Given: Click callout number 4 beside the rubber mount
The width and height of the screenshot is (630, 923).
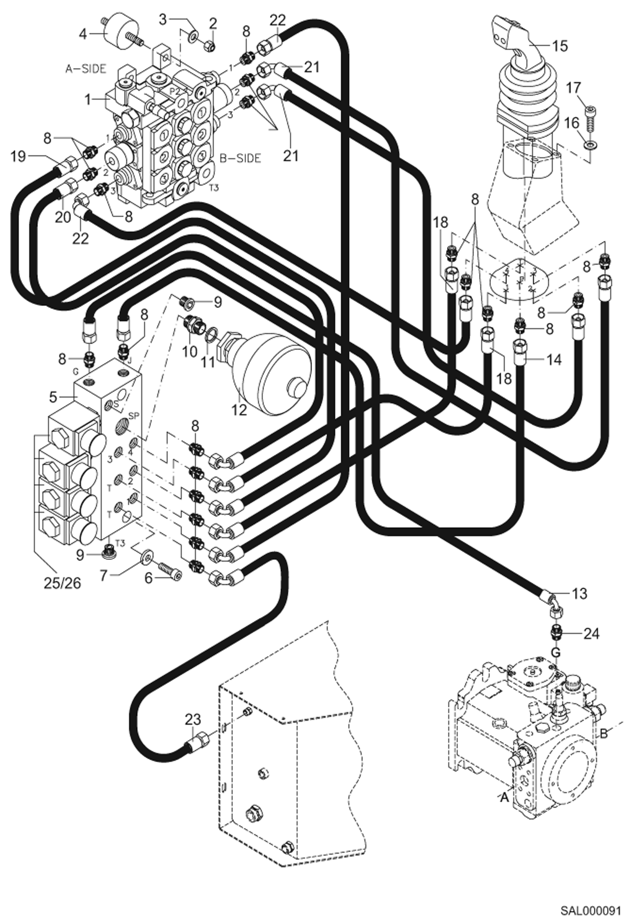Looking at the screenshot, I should pyautogui.click(x=83, y=34).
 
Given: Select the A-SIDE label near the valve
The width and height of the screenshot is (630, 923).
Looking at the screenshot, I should pyautogui.click(x=86, y=69).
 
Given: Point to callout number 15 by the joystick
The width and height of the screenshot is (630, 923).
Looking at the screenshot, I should pyautogui.click(x=560, y=45).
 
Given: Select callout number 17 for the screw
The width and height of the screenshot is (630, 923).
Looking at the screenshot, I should pyautogui.click(x=573, y=88).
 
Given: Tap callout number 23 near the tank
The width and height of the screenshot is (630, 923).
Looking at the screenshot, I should pyautogui.click(x=193, y=719).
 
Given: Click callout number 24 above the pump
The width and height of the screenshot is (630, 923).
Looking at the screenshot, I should pyautogui.click(x=591, y=633).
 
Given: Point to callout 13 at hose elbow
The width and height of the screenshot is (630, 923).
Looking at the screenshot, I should pyautogui.click(x=580, y=594).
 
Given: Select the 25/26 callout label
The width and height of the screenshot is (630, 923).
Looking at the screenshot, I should pyautogui.click(x=62, y=583).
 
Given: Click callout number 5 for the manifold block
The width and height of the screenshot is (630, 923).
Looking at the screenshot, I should pyautogui.click(x=53, y=397).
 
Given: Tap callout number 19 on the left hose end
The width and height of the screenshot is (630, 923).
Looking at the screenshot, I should pyautogui.click(x=18, y=156).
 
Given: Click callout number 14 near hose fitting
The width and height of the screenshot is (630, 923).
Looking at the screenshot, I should pyautogui.click(x=554, y=359).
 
